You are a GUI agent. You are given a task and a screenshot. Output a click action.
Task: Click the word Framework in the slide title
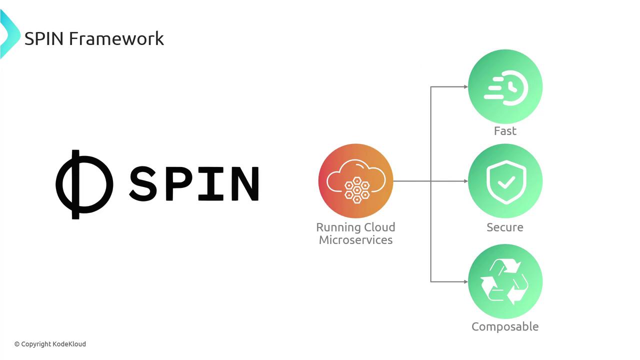[x=116, y=38]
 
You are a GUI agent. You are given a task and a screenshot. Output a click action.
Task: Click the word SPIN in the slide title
[x=44, y=38]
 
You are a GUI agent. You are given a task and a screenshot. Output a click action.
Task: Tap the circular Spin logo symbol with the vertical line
[x=83, y=184]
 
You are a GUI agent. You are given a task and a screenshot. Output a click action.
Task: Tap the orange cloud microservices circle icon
[x=355, y=181]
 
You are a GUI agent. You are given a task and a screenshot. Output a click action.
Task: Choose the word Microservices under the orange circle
[x=355, y=240]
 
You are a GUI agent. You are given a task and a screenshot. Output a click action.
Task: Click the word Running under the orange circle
[x=334, y=227]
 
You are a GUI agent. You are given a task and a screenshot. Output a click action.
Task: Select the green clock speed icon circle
[x=505, y=87]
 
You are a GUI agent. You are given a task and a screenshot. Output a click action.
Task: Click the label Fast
[x=505, y=131]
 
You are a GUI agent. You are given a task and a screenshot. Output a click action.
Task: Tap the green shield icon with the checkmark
[x=505, y=181]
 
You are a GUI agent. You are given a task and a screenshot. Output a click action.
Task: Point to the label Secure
[x=505, y=227]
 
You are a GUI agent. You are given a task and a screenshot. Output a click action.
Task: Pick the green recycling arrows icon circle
[x=505, y=281]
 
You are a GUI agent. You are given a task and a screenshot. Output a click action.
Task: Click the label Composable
[x=505, y=326]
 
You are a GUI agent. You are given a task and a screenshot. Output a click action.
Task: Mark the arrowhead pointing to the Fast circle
[x=465, y=87]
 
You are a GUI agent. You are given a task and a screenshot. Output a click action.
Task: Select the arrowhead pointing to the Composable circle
[x=465, y=281]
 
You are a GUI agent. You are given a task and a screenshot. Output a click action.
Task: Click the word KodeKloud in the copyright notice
[x=69, y=344]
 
